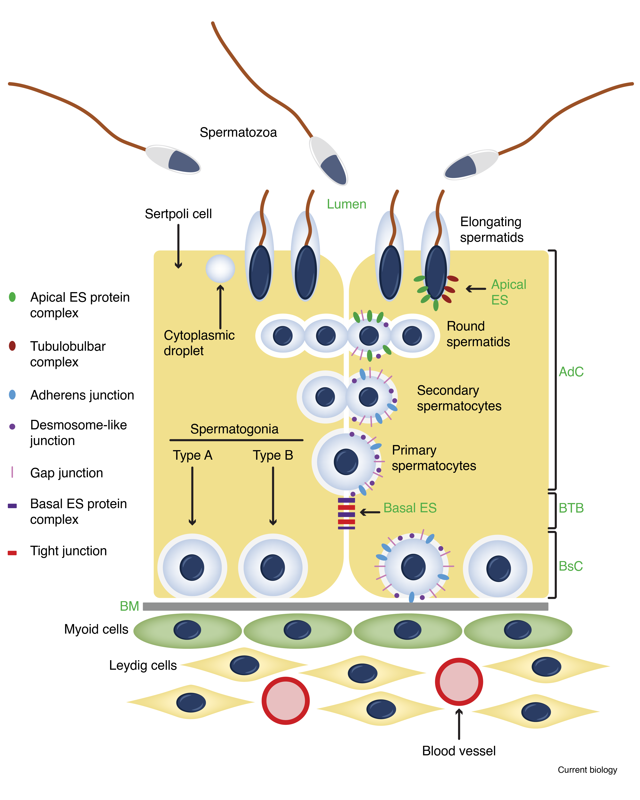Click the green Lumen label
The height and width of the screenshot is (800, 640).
pyautogui.click(x=346, y=204)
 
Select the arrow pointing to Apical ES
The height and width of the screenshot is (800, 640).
pyautogui.click(x=476, y=289)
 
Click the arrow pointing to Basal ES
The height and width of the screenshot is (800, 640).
pyautogui.click(x=370, y=512)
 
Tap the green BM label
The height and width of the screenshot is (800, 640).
pyautogui.click(x=129, y=606)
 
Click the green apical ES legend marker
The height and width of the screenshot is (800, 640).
pyautogui.click(x=12, y=297)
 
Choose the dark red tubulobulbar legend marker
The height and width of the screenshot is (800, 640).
pyautogui.click(x=12, y=346)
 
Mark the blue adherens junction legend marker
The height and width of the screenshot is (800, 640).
pyautogui.click(x=12, y=394)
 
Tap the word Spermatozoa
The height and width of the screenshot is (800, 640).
pyautogui.click(x=238, y=132)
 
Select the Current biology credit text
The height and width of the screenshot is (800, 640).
pyautogui.click(x=587, y=770)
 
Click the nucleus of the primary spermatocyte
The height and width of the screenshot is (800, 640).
pyautogui.click(x=346, y=462)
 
